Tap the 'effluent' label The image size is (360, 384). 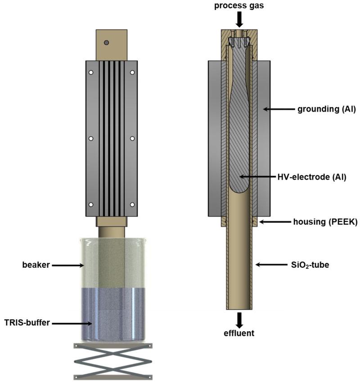[239, 334]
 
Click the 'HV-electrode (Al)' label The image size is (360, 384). [311, 177]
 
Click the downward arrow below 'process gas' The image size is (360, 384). [239, 19]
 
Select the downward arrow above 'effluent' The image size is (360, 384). [239, 318]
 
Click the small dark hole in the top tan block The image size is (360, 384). [106, 43]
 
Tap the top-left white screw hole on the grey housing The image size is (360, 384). [91, 72]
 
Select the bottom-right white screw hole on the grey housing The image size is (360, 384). [132, 205]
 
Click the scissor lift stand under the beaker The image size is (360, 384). [113, 361]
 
